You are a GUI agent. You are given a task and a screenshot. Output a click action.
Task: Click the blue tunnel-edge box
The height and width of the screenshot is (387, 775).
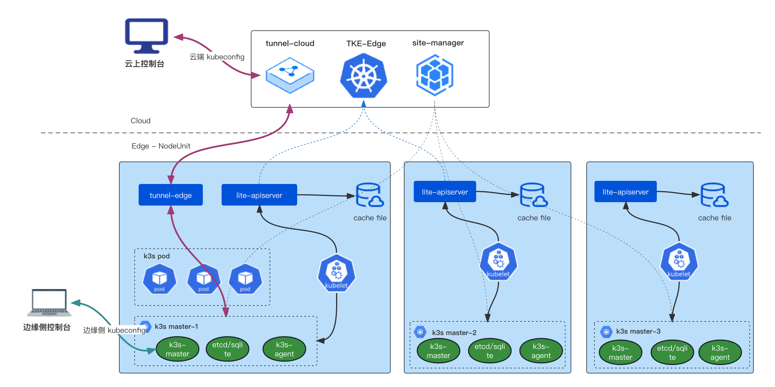(x=170, y=195)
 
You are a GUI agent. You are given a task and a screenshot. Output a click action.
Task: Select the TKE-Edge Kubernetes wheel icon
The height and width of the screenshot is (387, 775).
(x=364, y=76)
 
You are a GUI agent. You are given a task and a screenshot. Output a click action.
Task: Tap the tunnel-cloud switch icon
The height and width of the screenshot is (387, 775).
(x=290, y=75)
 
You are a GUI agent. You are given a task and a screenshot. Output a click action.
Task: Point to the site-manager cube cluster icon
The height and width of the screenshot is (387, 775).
(x=435, y=75)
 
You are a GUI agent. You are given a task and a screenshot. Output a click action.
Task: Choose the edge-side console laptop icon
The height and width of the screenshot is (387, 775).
(x=49, y=302)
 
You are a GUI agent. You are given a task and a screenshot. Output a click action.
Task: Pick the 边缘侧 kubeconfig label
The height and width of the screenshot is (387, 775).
(x=114, y=330)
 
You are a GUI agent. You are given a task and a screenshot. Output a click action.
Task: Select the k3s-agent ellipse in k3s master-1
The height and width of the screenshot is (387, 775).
(x=284, y=349)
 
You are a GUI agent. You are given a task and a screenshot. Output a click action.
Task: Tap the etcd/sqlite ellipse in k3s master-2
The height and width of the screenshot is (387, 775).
(x=489, y=351)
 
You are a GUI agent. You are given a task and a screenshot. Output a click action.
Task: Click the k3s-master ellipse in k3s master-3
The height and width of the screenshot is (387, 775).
(x=620, y=352)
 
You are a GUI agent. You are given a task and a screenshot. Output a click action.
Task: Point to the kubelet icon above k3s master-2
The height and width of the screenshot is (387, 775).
(x=498, y=261)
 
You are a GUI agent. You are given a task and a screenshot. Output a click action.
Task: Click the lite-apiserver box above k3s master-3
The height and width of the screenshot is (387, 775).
(x=626, y=192)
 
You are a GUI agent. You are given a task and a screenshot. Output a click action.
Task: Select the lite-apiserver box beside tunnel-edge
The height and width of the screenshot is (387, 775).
(x=259, y=195)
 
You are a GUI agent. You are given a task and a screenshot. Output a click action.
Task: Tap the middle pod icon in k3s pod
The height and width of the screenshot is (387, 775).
(x=204, y=279)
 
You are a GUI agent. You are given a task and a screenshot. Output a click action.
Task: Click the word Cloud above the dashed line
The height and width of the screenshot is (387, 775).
(x=141, y=121)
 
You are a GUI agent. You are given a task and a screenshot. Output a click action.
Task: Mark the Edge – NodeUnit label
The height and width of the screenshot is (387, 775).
(x=161, y=146)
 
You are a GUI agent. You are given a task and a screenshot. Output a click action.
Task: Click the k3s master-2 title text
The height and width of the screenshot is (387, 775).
(x=454, y=332)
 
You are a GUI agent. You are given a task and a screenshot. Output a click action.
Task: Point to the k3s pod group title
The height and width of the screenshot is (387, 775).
(x=157, y=256)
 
